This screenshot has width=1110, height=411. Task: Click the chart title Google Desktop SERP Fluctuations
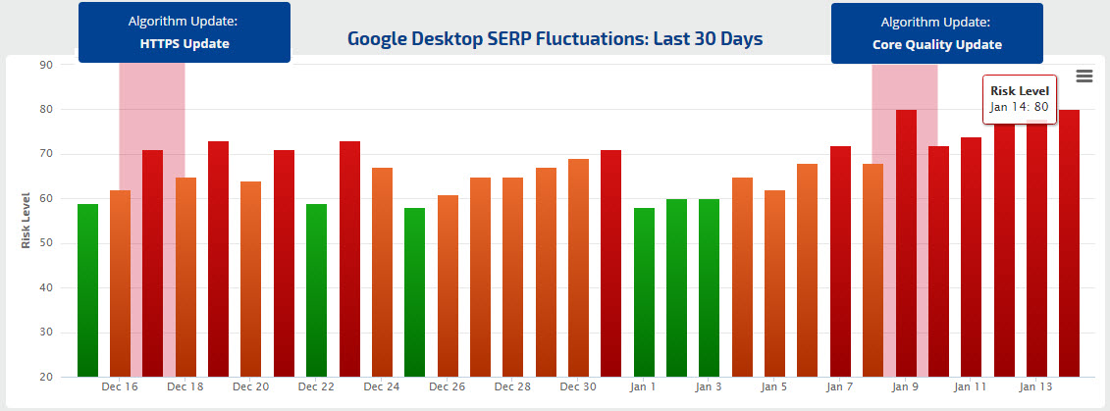pyautogui.click(x=555, y=39)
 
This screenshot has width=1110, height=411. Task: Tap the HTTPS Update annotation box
pyautogui.click(x=184, y=32)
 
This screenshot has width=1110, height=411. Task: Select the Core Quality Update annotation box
pyautogui.click(x=936, y=32)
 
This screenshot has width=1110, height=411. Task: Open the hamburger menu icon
pyautogui.click(x=1084, y=77)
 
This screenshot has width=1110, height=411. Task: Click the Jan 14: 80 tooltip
pyautogui.click(x=1019, y=99)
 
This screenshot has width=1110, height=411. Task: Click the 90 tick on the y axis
pyautogui.click(x=45, y=65)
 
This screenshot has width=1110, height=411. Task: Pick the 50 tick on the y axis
pyautogui.click(x=45, y=243)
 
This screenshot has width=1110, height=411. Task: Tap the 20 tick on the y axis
pyautogui.click(x=45, y=378)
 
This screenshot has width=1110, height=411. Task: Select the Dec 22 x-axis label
pyautogui.click(x=316, y=387)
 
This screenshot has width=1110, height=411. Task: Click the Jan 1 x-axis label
pyautogui.click(x=644, y=387)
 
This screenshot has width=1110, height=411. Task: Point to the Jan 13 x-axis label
pyautogui.click(x=1036, y=387)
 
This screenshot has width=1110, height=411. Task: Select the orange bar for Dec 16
pyautogui.click(x=120, y=283)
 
